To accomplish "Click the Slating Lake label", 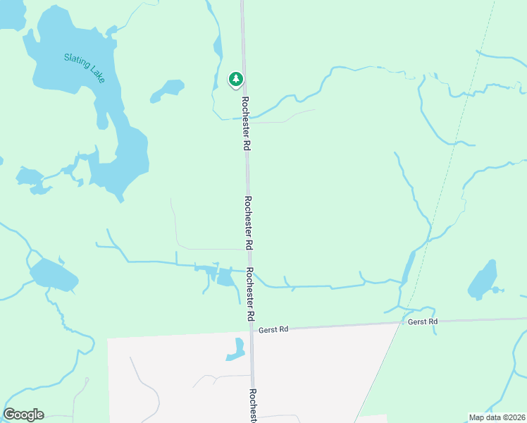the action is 84,68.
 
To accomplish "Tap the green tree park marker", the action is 235,79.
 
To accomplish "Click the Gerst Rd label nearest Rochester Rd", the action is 274,329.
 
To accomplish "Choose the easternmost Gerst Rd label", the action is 423,321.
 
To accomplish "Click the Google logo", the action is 23,415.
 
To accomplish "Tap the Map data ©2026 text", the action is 497,417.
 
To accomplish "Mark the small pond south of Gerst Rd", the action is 237,350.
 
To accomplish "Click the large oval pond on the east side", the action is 483,279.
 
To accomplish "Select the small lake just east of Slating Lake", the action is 168,89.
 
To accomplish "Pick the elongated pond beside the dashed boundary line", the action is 408,269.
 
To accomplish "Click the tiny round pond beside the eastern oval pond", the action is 496,290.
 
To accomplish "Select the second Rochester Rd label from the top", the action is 247,223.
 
